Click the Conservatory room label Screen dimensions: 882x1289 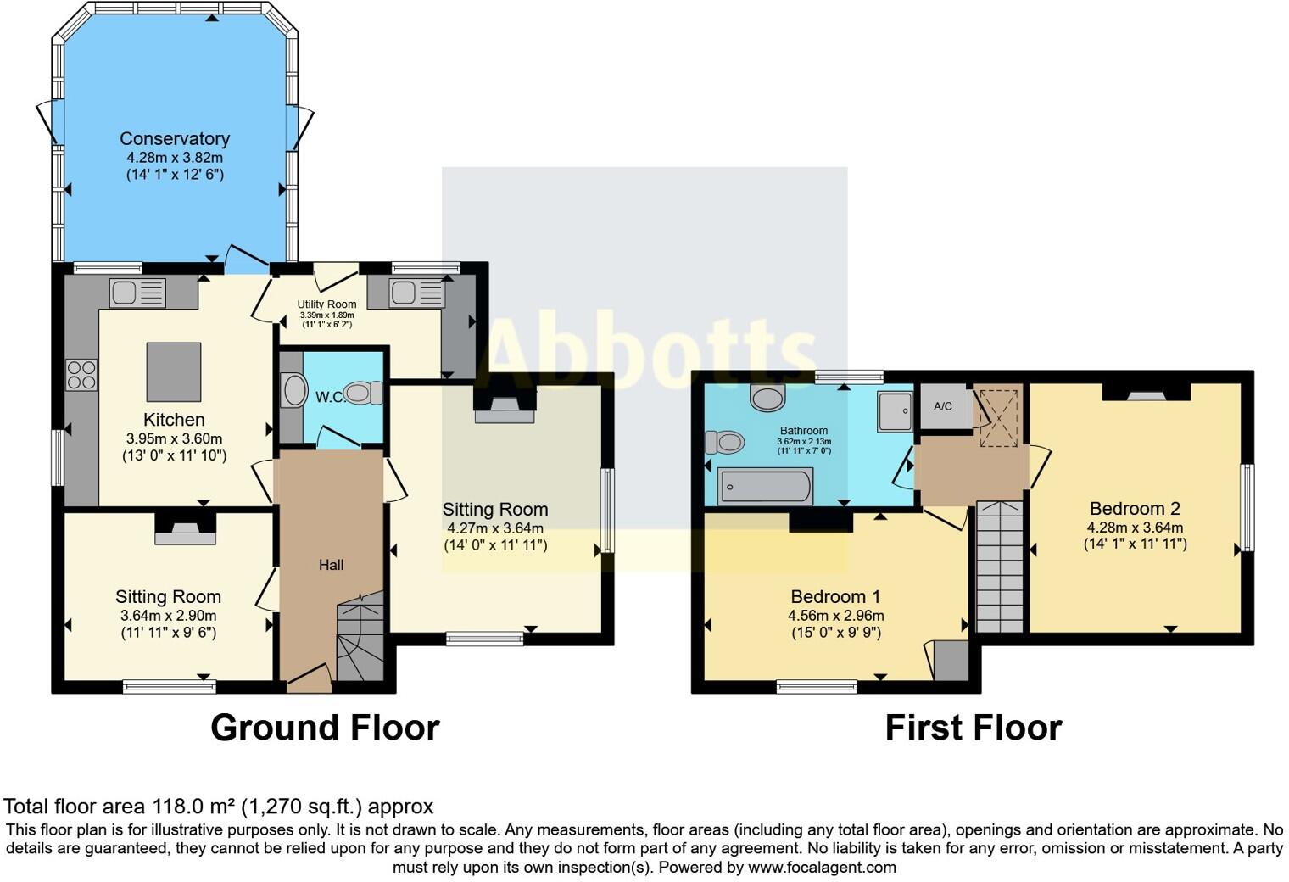tap(175, 139)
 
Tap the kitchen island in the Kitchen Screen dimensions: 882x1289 tap(174, 371)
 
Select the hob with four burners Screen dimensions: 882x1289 tap(82, 375)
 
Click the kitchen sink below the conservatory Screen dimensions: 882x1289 tap(137, 293)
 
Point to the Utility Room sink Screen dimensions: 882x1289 tap(416, 293)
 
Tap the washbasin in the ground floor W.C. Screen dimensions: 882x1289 tap(294, 391)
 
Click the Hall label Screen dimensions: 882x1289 tap(331, 565)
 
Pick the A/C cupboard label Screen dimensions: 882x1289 tap(943, 406)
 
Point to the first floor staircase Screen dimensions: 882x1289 tap(1000, 566)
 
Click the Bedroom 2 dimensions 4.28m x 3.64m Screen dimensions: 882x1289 tap(1135, 527)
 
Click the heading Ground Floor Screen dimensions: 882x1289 tap(325, 728)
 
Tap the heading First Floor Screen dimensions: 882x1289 tap(973, 728)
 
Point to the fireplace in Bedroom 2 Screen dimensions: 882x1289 tap(1146, 392)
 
